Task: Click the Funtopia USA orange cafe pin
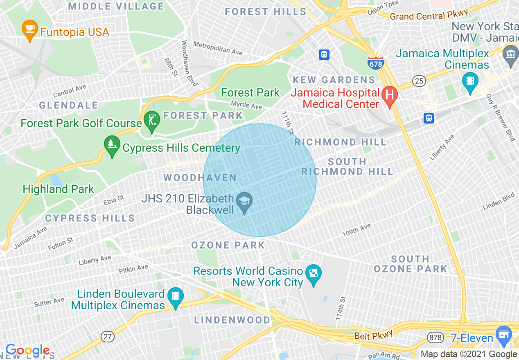pyautogui.click(x=29, y=30)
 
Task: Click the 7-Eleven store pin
pyautogui.click(x=504, y=334)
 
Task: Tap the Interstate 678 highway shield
pyautogui.click(x=375, y=63)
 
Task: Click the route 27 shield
pyautogui.click(x=108, y=336)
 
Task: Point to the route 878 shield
pyautogui.click(x=434, y=337)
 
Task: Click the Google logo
pyautogui.click(x=27, y=350)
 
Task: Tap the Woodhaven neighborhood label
pyautogui.click(x=200, y=178)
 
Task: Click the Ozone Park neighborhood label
pyautogui.click(x=228, y=245)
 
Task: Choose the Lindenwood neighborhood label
pyautogui.click(x=232, y=320)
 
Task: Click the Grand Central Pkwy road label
pyautogui.click(x=429, y=15)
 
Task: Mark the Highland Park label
pyautogui.click(x=59, y=189)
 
